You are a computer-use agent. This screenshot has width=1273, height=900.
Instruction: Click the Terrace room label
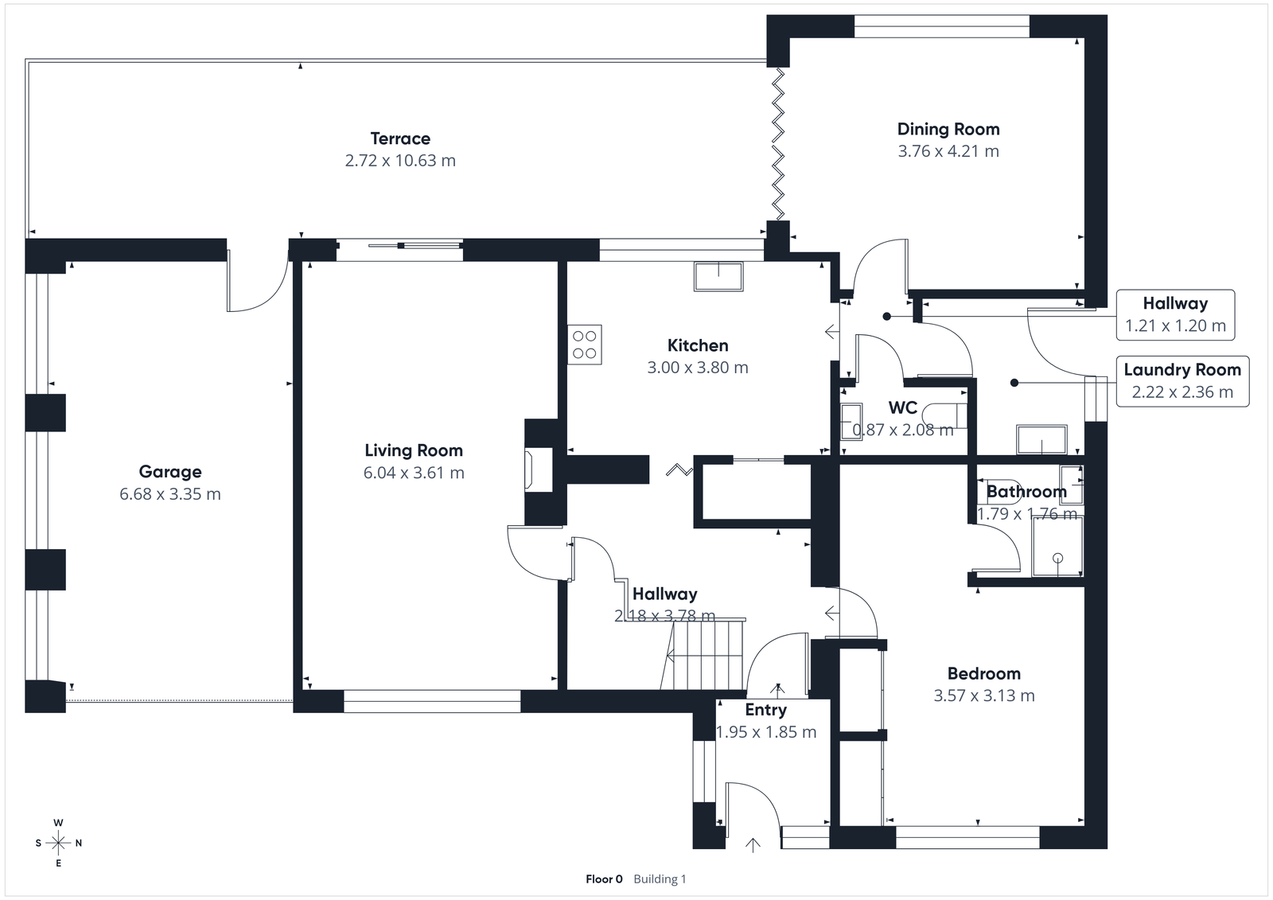click(x=400, y=138)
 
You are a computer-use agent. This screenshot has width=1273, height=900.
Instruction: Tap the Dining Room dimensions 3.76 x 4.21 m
click(x=948, y=151)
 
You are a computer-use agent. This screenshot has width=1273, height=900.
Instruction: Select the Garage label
click(x=170, y=472)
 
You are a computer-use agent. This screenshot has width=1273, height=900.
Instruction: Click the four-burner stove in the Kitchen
click(x=585, y=345)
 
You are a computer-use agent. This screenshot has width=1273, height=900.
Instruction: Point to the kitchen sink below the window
click(x=719, y=276)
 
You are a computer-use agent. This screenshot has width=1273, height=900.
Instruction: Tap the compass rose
click(x=58, y=843)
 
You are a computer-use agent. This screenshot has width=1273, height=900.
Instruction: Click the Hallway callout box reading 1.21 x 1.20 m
click(x=1175, y=314)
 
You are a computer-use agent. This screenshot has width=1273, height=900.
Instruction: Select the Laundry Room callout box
click(x=1182, y=381)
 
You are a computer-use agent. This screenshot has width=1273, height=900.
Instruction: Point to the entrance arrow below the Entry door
click(x=753, y=845)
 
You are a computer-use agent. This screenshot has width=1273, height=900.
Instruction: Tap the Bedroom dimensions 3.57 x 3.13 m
click(x=984, y=695)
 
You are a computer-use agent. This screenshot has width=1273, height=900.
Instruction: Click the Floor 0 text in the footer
click(x=604, y=879)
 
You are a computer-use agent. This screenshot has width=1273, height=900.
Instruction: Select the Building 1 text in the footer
click(x=660, y=879)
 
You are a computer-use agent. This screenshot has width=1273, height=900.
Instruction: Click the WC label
click(x=902, y=408)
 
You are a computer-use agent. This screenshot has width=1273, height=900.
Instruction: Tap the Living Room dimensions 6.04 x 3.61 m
click(x=414, y=473)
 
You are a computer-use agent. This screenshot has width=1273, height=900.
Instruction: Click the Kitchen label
click(x=698, y=345)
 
